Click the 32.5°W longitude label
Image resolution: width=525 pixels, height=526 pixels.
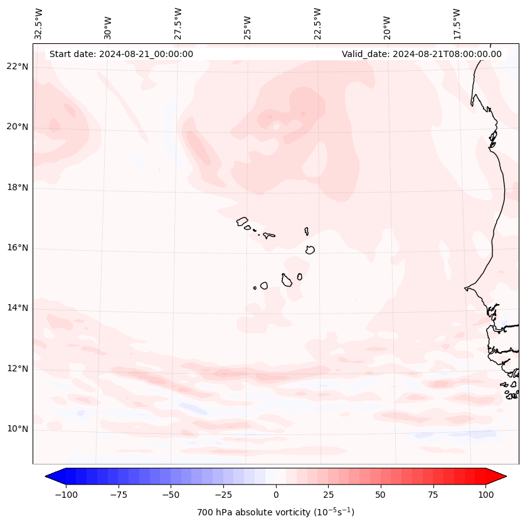pos(39,23)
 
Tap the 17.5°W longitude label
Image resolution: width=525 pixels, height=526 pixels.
pos(457,23)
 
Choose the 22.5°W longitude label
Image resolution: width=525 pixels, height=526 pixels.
pos(317,23)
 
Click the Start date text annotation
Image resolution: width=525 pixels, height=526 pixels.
pos(121,54)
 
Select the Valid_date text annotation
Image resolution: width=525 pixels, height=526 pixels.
pos(422,54)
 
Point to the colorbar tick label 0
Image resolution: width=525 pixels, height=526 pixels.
pos(276,495)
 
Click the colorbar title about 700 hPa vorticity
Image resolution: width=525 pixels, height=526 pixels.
pos(276,512)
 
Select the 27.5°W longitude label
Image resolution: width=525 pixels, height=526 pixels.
pos(178,23)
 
